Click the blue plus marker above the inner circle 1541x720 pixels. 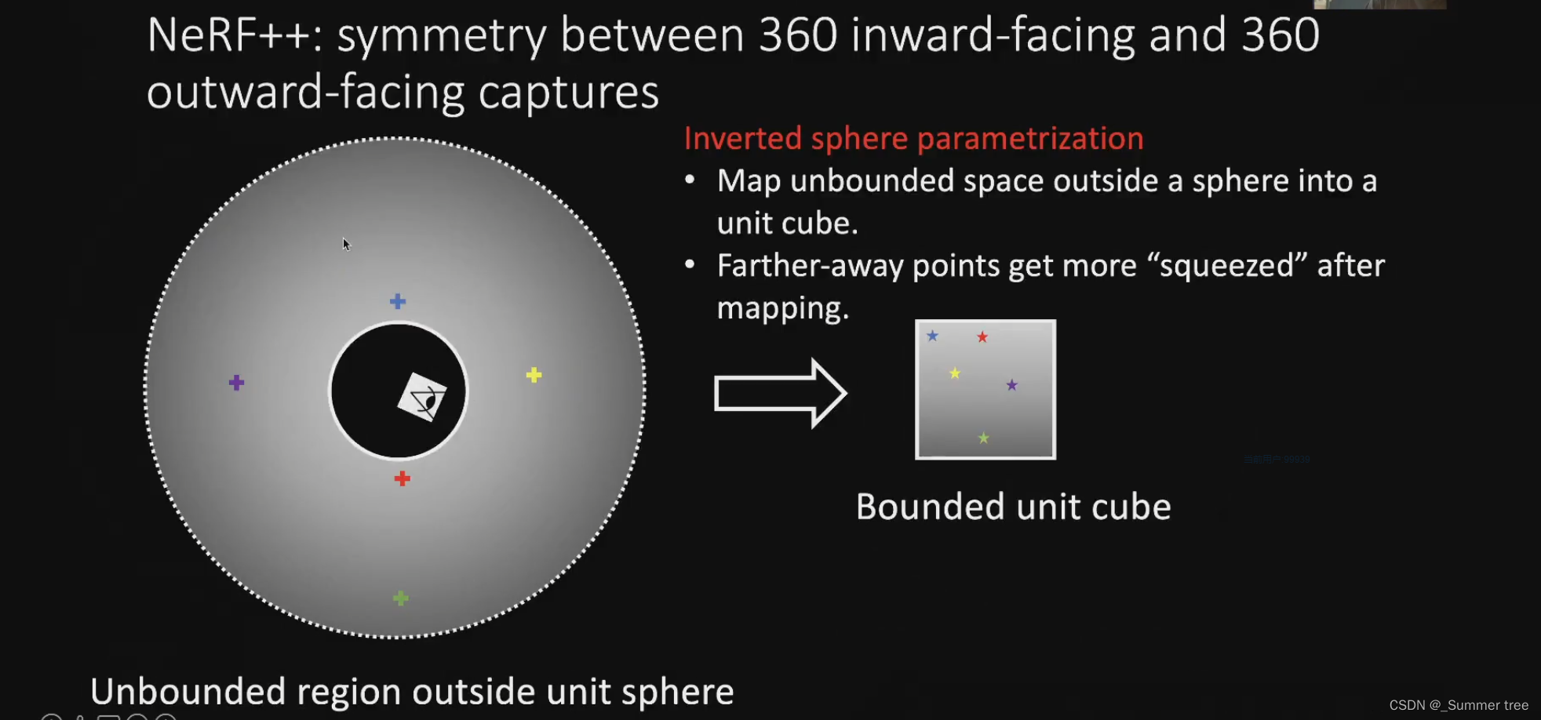pyautogui.click(x=398, y=301)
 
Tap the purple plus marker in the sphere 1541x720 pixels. pyautogui.click(x=236, y=383)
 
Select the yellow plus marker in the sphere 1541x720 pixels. pyautogui.click(x=534, y=375)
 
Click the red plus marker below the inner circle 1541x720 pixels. pyautogui.click(x=402, y=478)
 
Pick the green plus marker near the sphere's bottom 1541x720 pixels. pyautogui.click(x=400, y=598)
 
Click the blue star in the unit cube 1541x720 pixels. pyautogui.click(x=932, y=336)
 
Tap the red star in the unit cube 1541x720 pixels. pyautogui.click(x=982, y=337)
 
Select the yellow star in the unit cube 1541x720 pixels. pyautogui.click(x=955, y=373)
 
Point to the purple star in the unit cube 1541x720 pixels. pyautogui.click(x=1012, y=385)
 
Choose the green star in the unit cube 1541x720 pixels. pyautogui.click(x=984, y=438)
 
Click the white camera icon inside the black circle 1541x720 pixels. pyautogui.click(x=423, y=397)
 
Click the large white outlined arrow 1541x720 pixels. pyautogui.click(x=780, y=393)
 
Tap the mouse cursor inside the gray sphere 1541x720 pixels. pyautogui.click(x=346, y=244)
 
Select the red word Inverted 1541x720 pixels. pyautogui.click(x=742, y=139)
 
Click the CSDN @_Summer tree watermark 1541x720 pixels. pyautogui.click(x=1458, y=705)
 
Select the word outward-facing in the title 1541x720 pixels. pyautogui.click(x=305, y=93)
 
